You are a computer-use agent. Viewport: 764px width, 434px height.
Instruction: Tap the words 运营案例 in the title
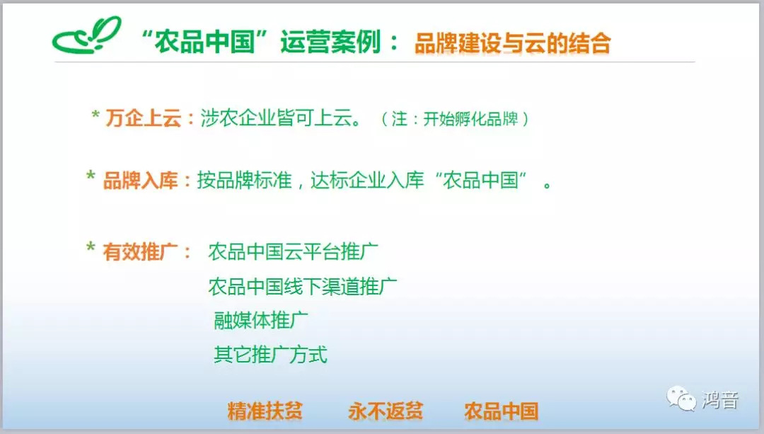pyautogui.click(x=330, y=42)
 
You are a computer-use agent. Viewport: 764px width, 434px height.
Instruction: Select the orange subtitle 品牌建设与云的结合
pyautogui.click(x=512, y=43)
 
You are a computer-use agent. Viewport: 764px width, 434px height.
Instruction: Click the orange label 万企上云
pyautogui.click(x=143, y=118)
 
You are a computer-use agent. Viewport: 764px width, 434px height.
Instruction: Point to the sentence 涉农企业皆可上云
pyautogui.click(x=281, y=118)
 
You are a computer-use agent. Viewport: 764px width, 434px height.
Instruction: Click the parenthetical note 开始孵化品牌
pyautogui.click(x=470, y=118)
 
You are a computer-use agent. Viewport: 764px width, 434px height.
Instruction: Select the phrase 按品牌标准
pyautogui.click(x=244, y=181)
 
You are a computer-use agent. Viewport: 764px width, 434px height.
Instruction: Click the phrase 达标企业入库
pyautogui.click(x=367, y=181)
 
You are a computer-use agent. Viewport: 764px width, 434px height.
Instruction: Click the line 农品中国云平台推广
pyautogui.click(x=294, y=251)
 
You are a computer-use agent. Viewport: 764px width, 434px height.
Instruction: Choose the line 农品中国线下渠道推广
pyautogui.click(x=303, y=286)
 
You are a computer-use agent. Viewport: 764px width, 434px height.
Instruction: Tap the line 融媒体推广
pyautogui.click(x=260, y=321)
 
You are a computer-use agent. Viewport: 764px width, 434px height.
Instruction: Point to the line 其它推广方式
pyautogui.click(x=270, y=355)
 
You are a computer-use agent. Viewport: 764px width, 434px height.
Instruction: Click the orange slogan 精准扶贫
pyautogui.click(x=265, y=411)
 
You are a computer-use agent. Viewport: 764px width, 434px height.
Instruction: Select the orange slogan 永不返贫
pyautogui.click(x=386, y=411)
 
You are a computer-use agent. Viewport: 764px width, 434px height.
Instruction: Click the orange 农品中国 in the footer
pyautogui.click(x=501, y=411)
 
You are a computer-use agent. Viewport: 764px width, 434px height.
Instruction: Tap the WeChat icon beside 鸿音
pyautogui.click(x=681, y=399)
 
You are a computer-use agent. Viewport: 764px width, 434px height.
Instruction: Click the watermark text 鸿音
pyautogui.click(x=720, y=400)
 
